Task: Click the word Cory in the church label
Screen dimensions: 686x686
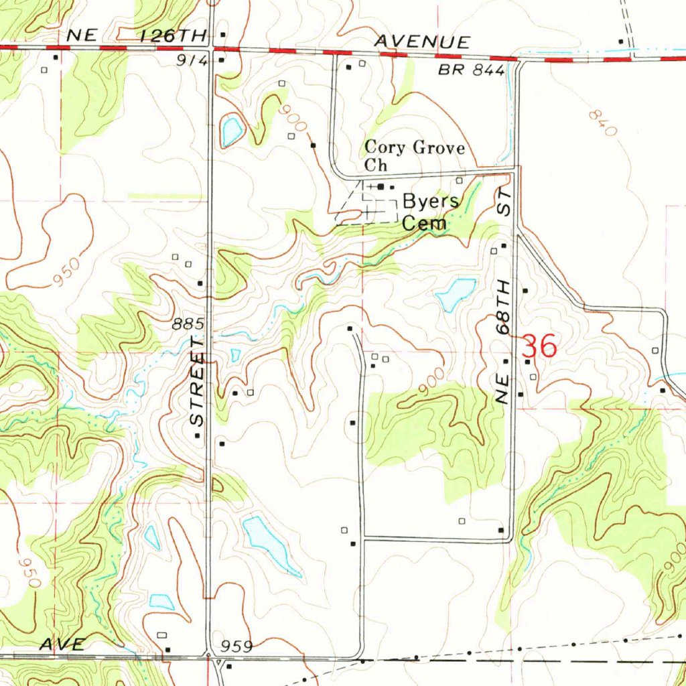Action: click(380, 147)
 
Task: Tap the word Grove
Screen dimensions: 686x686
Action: click(431, 147)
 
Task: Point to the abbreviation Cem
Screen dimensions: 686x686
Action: click(424, 224)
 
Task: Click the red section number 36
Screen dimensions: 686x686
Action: click(539, 347)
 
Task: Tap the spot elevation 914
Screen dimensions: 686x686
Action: click(192, 60)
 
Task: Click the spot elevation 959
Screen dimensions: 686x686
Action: click(236, 646)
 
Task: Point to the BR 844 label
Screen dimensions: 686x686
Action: click(472, 71)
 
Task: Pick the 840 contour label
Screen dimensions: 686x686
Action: click(602, 124)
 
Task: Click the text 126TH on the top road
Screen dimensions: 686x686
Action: click(167, 37)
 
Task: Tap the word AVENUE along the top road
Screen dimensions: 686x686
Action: click(421, 42)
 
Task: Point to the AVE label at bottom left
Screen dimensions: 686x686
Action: click(62, 644)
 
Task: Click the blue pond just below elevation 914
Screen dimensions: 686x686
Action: click(232, 131)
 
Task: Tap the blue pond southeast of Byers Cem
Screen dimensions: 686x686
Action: click(456, 294)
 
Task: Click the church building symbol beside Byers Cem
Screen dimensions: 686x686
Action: click(381, 187)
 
